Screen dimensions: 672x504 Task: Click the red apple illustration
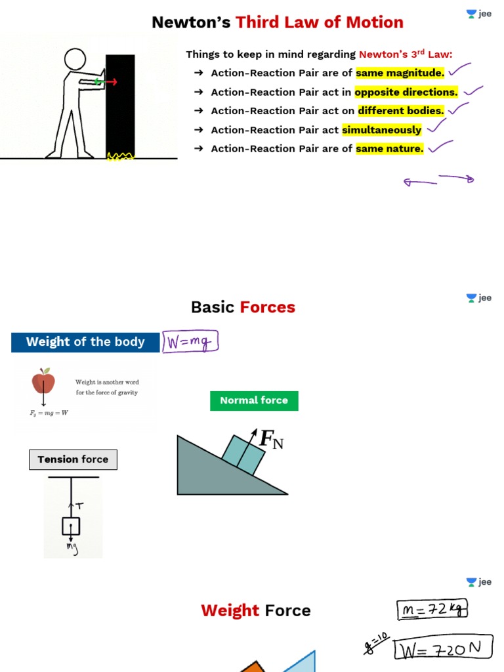pyautogui.click(x=43, y=381)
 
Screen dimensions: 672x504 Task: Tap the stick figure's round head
pyautogui.click(x=75, y=59)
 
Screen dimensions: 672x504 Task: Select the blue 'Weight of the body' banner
pyautogui.click(x=85, y=342)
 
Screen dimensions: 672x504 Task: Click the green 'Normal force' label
pyautogui.click(x=254, y=400)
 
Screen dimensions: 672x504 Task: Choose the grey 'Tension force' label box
pyautogui.click(x=73, y=459)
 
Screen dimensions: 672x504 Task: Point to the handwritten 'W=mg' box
pyautogui.click(x=190, y=342)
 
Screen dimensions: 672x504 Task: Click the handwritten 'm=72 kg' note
pyautogui.click(x=432, y=610)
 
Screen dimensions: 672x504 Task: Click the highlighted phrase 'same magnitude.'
pyautogui.click(x=400, y=73)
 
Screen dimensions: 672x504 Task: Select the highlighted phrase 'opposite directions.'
pyautogui.click(x=406, y=92)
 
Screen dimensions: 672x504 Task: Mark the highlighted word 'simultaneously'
pyautogui.click(x=382, y=129)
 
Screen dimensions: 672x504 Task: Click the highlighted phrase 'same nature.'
pyautogui.click(x=390, y=148)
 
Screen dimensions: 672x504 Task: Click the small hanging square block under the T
pyautogui.click(x=71, y=526)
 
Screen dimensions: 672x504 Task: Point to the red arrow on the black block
pyautogui.click(x=110, y=82)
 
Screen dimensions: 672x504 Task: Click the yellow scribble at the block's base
pyautogui.click(x=120, y=156)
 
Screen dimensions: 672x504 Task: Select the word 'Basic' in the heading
pyautogui.click(x=213, y=307)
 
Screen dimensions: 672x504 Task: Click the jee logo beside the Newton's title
pyautogui.click(x=479, y=14)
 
